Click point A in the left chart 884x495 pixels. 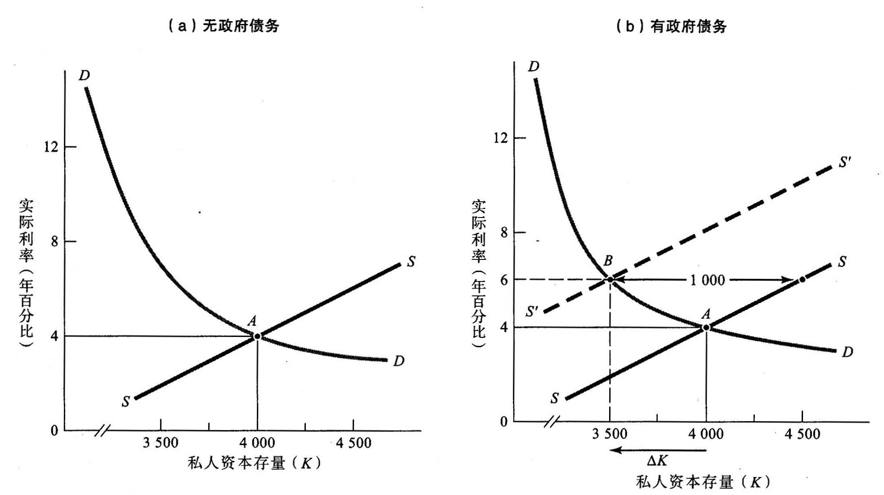(257, 336)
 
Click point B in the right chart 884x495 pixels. (610, 280)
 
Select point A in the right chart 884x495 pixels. (706, 327)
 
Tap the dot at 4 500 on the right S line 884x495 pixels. (802, 280)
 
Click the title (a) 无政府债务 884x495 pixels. (224, 26)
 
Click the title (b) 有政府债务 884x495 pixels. (671, 27)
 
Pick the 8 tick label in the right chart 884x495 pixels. (504, 232)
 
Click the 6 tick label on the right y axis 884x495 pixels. (504, 280)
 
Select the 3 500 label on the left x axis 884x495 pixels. (161, 443)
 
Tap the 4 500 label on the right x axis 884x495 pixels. (802, 434)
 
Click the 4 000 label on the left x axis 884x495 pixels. (257, 443)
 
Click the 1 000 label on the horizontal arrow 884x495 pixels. (707, 281)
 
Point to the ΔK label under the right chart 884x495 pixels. (657, 460)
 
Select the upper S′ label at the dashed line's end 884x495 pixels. (844, 162)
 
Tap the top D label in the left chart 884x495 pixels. (84, 75)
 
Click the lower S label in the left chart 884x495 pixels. (126, 402)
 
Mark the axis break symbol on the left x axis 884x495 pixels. (103, 431)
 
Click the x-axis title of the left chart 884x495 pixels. (254, 463)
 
